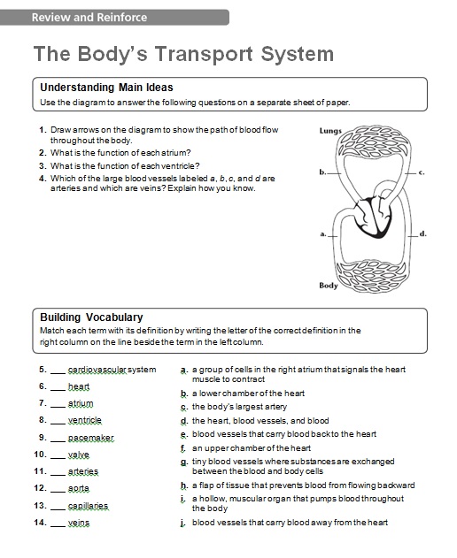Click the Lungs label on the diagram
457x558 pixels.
[x=330, y=131]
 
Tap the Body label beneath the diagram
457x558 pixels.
[x=329, y=286]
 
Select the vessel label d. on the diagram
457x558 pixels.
[x=422, y=233]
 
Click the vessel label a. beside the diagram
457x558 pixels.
[x=323, y=233]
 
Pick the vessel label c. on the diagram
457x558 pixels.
[x=422, y=172]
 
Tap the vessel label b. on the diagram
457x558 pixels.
[x=322, y=172]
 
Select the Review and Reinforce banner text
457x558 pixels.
[x=89, y=18]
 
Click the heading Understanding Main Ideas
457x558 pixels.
[x=106, y=88]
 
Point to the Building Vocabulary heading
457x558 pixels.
[x=91, y=317]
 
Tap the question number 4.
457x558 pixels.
[x=43, y=179]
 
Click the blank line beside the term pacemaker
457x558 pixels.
[x=58, y=441]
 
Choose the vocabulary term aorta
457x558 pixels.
[x=79, y=488]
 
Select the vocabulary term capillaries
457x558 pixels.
[x=88, y=506]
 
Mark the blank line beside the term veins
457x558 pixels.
[x=58, y=527]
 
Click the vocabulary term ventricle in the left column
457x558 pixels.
[x=85, y=420]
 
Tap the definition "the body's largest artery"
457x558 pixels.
[x=239, y=407]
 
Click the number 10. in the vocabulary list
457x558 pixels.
[x=40, y=455]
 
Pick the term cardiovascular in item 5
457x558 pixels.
[x=97, y=370]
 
